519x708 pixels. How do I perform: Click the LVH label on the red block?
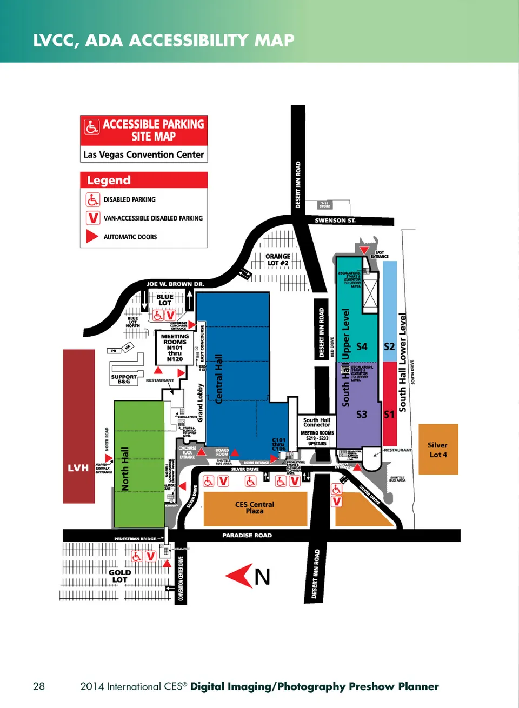point(78,468)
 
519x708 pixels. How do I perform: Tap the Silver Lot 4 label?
point(438,450)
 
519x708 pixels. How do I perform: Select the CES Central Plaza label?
point(255,507)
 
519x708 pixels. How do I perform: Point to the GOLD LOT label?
point(119,576)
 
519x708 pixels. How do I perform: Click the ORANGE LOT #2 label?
point(278,260)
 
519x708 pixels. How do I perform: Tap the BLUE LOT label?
point(165,299)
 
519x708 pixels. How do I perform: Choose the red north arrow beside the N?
point(239,576)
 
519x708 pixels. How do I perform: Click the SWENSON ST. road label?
point(335,221)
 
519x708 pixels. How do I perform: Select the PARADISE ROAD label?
point(247,535)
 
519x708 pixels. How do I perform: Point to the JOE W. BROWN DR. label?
point(175,284)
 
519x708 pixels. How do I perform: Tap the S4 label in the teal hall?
point(362,346)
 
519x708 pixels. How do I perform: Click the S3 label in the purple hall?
point(361,415)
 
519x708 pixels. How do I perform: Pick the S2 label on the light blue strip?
point(389,346)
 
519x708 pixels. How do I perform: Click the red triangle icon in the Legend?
point(92,237)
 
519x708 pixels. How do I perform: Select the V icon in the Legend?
point(92,218)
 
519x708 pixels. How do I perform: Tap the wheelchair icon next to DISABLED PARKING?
point(92,199)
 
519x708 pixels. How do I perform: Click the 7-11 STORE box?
point(325,205)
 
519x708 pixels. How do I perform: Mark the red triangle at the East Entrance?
point(364,250)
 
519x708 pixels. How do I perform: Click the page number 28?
point(39,686)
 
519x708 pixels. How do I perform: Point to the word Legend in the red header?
point(109,181)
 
